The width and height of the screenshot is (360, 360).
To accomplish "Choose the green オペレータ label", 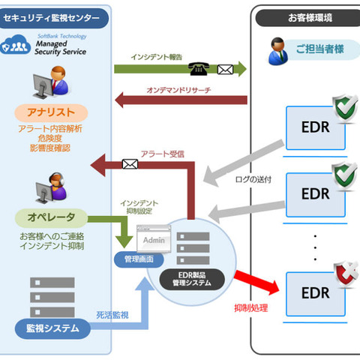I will coord(51,218).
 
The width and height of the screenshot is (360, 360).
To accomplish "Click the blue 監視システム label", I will coord(51,327).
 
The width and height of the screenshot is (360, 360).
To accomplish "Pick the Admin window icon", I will coord(153,240).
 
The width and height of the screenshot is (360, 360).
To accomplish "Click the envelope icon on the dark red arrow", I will coord(130,162).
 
